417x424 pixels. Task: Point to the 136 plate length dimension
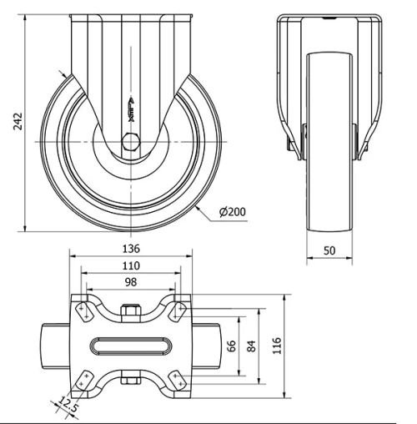[130, 248]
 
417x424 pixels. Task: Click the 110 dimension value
[130, 265]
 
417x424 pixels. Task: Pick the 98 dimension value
[130, 283]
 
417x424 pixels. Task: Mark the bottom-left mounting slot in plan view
[83, 378]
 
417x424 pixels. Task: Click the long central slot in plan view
[130, 345]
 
